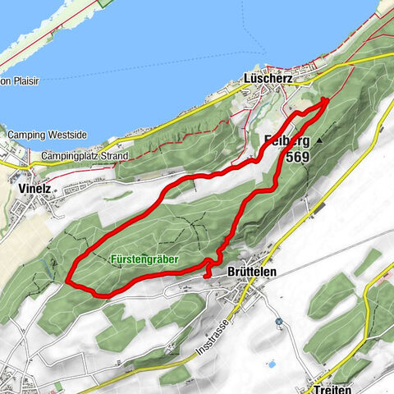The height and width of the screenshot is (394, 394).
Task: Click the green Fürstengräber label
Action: click(144, 258)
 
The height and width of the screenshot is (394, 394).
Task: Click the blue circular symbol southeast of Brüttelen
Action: click(278, 321)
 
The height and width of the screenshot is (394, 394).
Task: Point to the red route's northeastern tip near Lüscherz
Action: click(326, 100)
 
